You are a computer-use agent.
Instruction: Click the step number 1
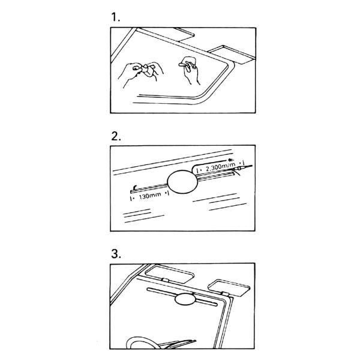[x=115, y=17]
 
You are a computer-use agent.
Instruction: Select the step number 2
[x=116, y=136]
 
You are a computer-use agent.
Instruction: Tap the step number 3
[x=116, y=254]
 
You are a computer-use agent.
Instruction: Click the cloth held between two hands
[x=148, y=71]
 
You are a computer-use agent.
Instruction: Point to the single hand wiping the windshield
[x=190, y=70]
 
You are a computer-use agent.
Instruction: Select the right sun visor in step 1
[x=232, y=54]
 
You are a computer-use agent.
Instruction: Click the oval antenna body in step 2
[x=182, y=182]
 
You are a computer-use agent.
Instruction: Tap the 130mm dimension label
[x=150, y=196]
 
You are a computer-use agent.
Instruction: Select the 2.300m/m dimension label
[x=221, y=167]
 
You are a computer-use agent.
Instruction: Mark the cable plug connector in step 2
[x=240, y=168]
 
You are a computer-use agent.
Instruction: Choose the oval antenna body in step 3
[x=185, y=299]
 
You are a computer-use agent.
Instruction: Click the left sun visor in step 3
[x=169, y=274]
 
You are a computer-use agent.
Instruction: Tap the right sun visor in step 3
[x=229, y=288]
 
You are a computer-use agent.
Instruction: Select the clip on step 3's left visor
[x=165, y=280]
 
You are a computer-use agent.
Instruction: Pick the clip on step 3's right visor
[x=224, y=294]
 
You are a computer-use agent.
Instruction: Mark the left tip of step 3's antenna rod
[x=148, y=289]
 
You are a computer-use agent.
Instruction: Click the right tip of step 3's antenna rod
[x=216, y=305]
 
